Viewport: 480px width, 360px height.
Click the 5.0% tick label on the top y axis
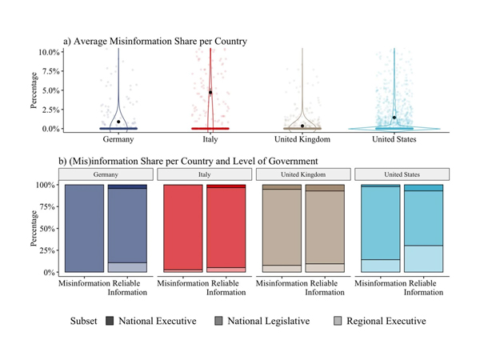click(49, 90)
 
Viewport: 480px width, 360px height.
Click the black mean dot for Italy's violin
click(210, 93)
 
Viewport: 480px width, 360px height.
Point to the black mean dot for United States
click(394, 118)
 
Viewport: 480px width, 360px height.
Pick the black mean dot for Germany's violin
click(118, 122)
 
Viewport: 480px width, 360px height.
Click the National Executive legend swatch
click(110, 321)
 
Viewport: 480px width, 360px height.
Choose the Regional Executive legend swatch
click(338, 321)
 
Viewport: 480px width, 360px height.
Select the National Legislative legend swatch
click(218, 321)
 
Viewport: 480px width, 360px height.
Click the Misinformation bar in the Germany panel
click(84, 229)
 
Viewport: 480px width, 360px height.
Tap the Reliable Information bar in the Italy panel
click(226, 229)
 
